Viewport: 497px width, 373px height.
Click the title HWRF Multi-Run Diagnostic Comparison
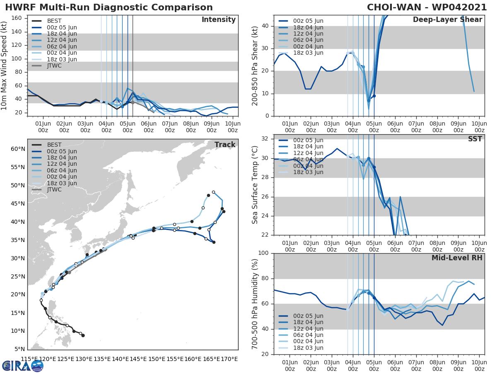click(x=109, y=7)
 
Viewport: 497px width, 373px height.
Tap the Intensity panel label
click(x=218, y=20)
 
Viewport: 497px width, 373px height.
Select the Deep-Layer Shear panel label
click(x=447, y=20)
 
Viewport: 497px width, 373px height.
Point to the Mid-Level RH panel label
click(x=457, y=258)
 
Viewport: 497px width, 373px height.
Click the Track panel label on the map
click(x=224, y=145)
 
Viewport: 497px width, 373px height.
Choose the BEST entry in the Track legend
click(x=54, y=145)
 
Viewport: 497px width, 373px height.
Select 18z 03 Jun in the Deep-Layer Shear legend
click(x=308, y=53)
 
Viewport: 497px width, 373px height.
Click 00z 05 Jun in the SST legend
click(x=308, y=140)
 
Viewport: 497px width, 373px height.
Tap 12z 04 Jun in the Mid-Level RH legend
click(x=308, y=329)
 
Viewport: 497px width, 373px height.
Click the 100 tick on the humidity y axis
click(x=265, y=253)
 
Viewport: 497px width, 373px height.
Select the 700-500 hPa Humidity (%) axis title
click(x=255, y=303)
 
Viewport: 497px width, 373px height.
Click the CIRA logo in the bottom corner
click(x=23, y=366)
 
